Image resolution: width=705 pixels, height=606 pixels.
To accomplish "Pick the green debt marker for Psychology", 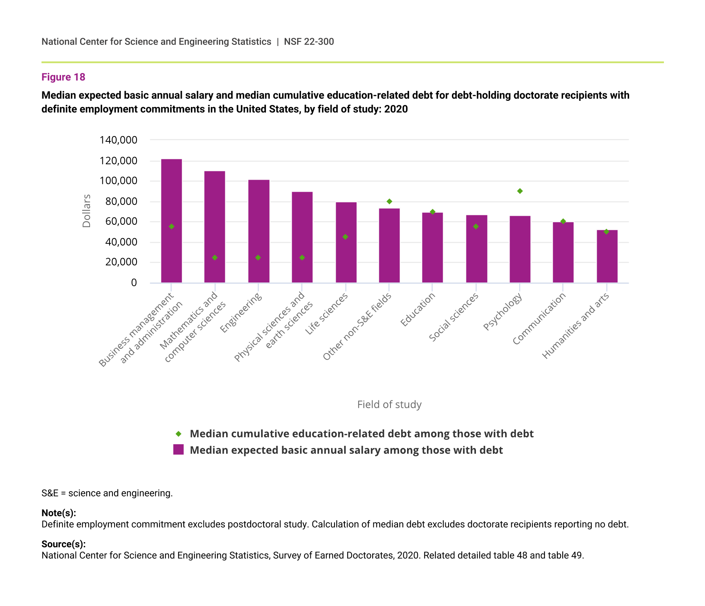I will point(520,191).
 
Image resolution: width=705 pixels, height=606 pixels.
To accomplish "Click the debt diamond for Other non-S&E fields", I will point(389,202).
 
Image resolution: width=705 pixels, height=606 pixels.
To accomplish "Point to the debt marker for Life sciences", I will point(345,237).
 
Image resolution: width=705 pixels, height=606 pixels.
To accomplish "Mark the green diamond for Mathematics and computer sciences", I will point(215,258).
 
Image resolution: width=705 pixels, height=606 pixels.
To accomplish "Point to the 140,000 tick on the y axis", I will point(118,140).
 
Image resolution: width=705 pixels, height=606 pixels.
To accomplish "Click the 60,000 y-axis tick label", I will point(118,221).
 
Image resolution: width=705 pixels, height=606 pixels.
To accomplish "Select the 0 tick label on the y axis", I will point(134,283).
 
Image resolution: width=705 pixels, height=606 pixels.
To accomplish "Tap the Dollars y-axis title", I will point(86,211).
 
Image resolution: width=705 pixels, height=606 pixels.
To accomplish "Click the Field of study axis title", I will point(389,404).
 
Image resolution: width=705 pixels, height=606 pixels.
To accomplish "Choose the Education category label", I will point(417,309).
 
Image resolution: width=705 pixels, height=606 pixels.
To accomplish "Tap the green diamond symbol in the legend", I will point(178,434).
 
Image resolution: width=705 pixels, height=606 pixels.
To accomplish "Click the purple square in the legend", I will point(178,450).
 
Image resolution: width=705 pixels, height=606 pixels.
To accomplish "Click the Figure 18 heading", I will point(63,77).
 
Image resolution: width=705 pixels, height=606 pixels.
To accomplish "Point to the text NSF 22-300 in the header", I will point(309,41).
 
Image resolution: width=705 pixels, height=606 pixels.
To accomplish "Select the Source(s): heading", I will point(63,544).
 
